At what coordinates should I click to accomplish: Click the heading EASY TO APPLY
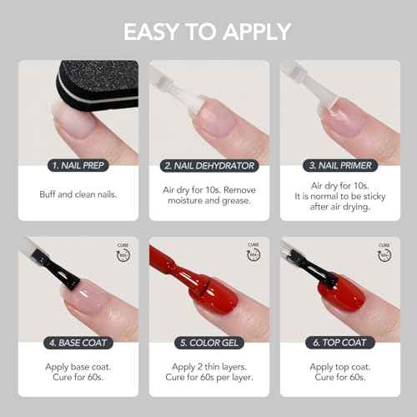[x=208, y=32]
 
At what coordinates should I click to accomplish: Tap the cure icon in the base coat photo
[x=124, y=251]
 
